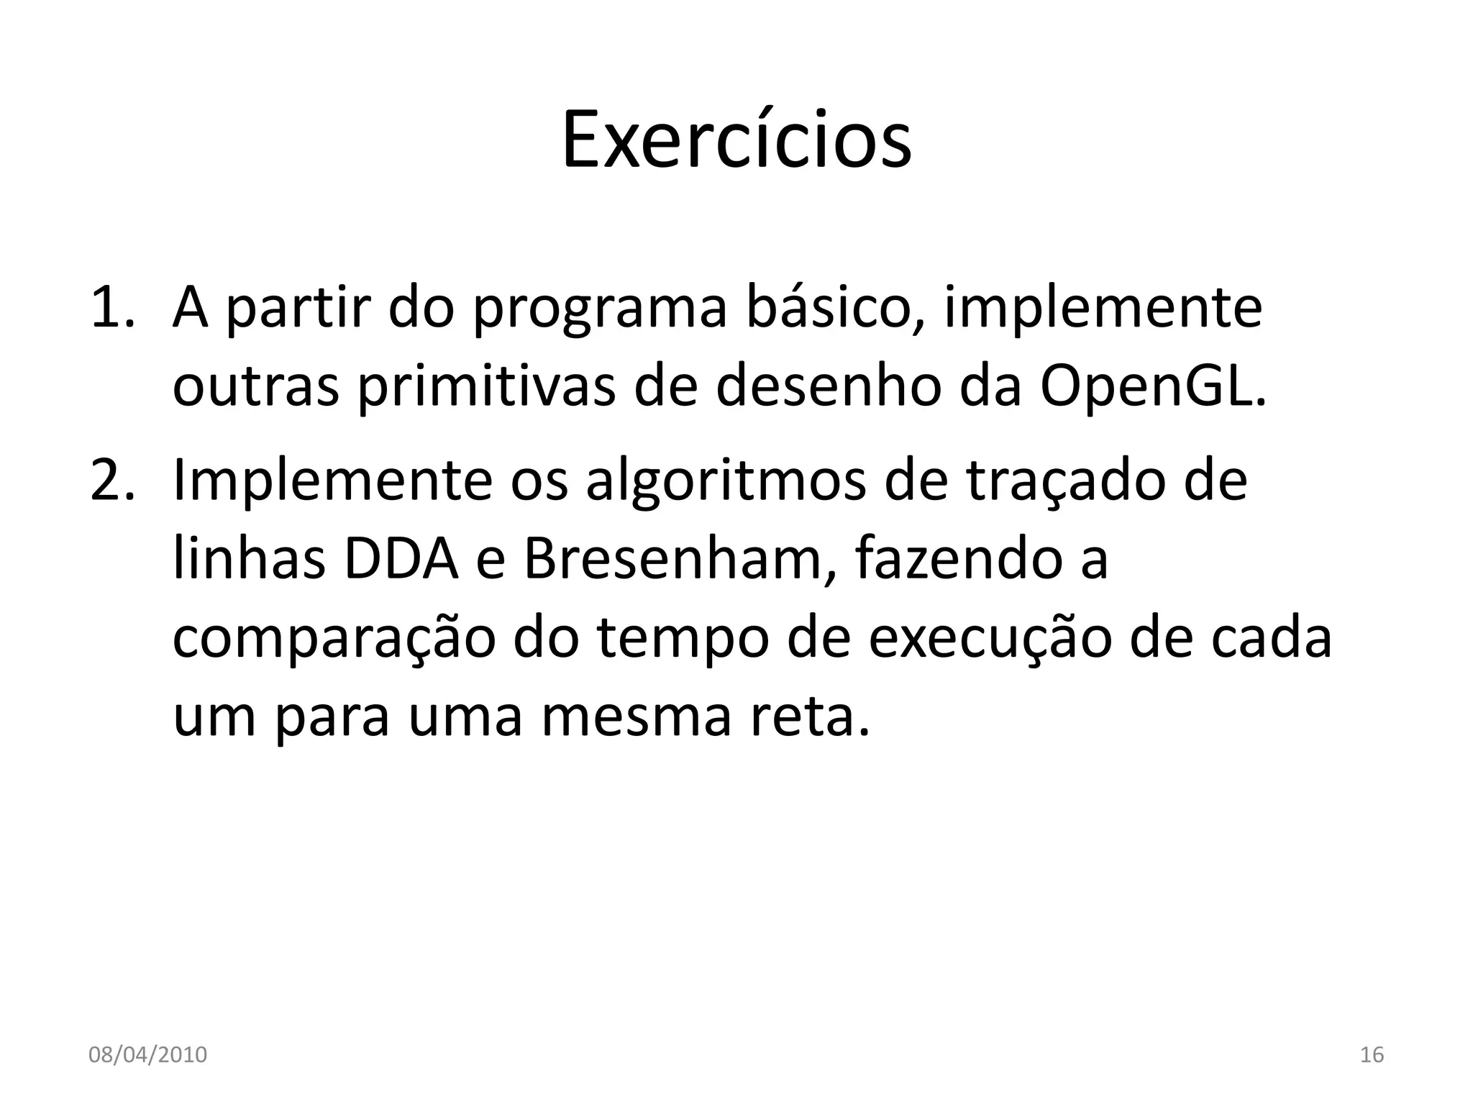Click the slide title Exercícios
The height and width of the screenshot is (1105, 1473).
pyautogui.click(x=736, y=140)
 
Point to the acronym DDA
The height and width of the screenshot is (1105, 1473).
pyautogui.click(x=401, y=560)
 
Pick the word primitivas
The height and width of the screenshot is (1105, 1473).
pyautogui.click(x=486, y=386)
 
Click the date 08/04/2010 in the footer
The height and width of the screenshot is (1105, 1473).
pyautogui.click(x=147, y=1055)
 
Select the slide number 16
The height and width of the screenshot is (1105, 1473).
pyautogui.click(x=1372, y=1055)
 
